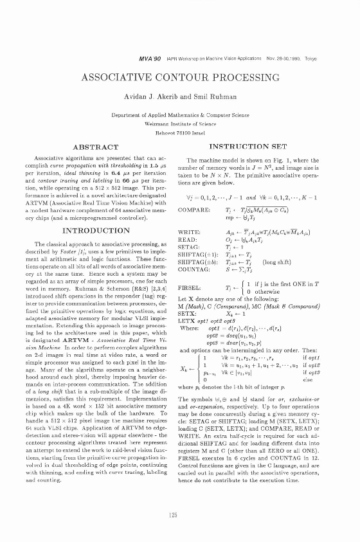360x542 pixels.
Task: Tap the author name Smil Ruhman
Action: pos(208,96)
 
